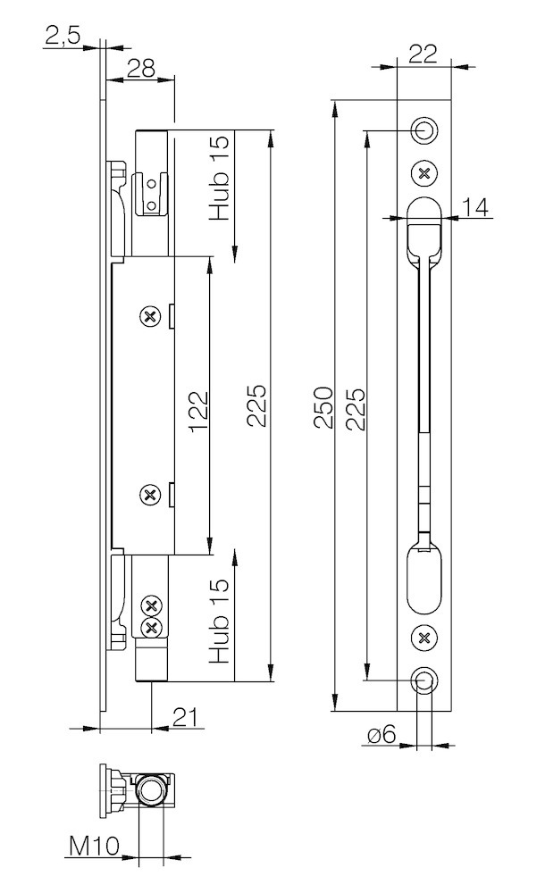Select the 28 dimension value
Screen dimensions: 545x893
coord(140,69)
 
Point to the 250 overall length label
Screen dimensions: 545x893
coord(323,407)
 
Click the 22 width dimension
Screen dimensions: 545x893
coord(423,54)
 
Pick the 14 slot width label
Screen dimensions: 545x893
coord(475,207)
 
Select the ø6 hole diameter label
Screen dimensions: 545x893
coord(381,734)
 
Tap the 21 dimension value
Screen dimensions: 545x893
coord(187,718)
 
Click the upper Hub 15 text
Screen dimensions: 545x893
coord(220,177)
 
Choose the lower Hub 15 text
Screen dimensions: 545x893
coord(220,621)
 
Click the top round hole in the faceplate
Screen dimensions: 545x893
coord(423,130)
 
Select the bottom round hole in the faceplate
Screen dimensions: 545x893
coord(423,680)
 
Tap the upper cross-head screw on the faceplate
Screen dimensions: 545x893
coord(423,172)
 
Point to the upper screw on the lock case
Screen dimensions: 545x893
coord(150,316)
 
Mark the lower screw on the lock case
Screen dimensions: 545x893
coord(150,495)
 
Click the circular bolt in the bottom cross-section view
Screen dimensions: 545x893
coord(151,791)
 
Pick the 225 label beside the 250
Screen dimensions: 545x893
coord(356,408)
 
